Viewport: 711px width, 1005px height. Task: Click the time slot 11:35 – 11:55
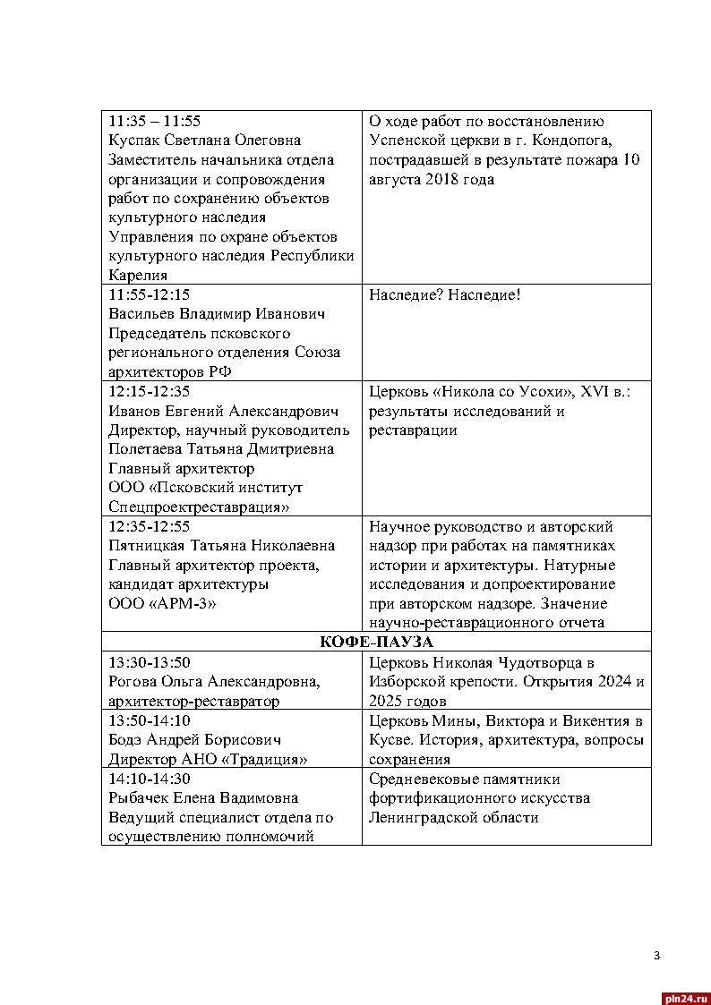154,121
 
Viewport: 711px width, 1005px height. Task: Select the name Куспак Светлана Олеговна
204,141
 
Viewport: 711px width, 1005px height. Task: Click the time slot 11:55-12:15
149,294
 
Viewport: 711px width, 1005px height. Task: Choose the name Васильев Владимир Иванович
216,314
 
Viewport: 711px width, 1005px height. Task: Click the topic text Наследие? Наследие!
444,294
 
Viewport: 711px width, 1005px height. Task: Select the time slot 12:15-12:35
149,392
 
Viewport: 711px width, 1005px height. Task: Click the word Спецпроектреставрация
198,508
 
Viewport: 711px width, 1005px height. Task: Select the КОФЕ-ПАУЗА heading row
376,643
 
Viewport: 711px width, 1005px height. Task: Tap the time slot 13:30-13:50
149,663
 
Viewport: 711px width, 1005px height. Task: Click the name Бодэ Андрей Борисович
195,741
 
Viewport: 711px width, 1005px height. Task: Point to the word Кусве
390,741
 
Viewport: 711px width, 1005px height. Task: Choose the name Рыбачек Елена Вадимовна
203,798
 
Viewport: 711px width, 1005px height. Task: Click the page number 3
656,957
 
